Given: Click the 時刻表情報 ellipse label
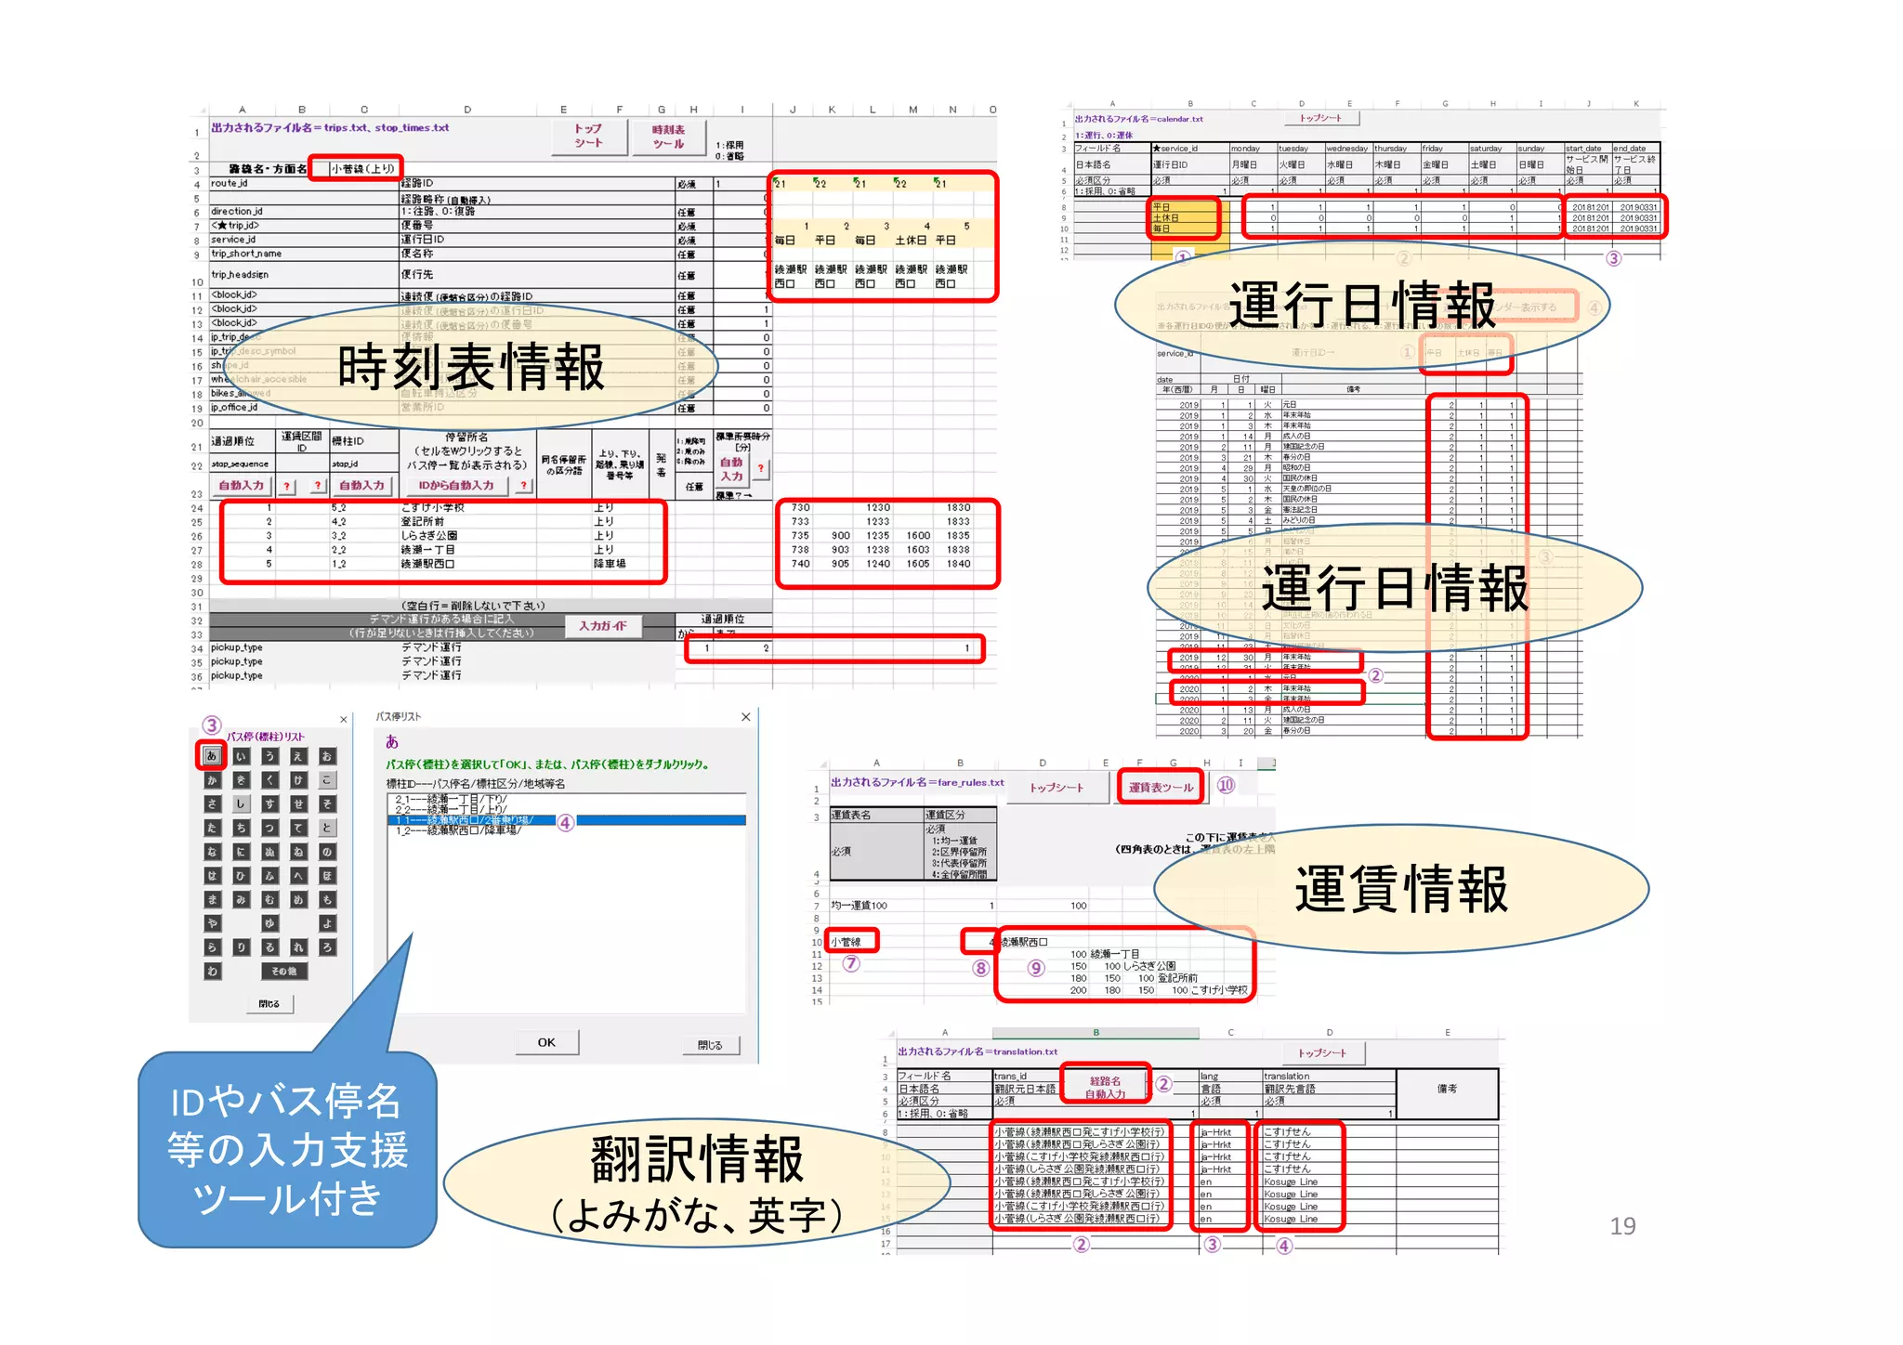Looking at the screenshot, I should point(470,367).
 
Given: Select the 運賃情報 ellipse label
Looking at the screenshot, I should point(1401,889).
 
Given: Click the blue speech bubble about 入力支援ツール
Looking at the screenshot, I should point(287,1150).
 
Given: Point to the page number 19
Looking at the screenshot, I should point(1622,1226).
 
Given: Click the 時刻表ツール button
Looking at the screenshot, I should point(668,137).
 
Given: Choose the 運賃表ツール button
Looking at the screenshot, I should point(1161,787).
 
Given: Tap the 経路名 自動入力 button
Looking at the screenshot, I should point(1105,1087).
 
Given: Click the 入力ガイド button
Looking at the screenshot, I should point(603,626).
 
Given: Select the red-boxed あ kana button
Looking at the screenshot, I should point(212,756).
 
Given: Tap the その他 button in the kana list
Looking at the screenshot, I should point(284,972).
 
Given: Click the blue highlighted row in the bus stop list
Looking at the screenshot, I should point(567,820).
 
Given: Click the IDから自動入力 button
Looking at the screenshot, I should point(456,485).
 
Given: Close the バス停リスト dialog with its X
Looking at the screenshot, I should point(745,717).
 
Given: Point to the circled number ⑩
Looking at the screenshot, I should point(1226,785).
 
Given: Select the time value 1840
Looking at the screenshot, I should point(958,564).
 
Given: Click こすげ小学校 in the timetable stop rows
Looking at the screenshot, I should point(433,507).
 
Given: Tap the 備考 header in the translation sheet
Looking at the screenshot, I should point(1447,1089).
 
